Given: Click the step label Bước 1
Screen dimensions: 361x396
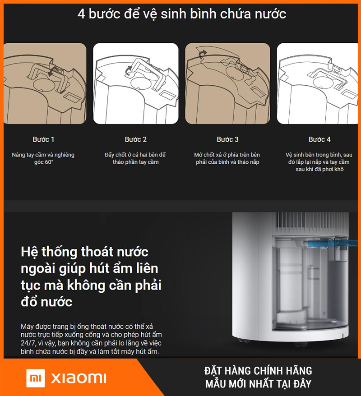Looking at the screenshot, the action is (x=43, y=139).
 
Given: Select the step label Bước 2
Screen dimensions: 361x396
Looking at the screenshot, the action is (x=136, y=139).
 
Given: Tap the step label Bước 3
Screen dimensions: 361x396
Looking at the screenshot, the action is (x=227, y=139).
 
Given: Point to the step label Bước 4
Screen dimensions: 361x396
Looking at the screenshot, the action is (x=319, y=139).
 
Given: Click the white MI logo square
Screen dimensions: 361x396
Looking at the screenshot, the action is (x=36, y=378).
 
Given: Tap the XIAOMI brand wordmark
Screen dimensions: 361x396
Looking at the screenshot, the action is (x=79, y=378).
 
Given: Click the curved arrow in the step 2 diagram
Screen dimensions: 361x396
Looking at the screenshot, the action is (x=128, y=71).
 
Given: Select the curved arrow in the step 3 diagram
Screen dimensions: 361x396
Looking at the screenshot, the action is (x=202, y=54).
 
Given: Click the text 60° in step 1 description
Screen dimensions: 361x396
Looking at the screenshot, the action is (x=48, y=162).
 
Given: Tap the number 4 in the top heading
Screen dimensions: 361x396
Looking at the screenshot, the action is (x=81, y=14).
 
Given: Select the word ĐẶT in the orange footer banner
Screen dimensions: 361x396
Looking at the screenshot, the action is (x=213, y=371).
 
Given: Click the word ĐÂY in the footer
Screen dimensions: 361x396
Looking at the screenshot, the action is (x=302, y=384).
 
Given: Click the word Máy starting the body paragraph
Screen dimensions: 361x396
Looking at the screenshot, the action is (x=27, y=327).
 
